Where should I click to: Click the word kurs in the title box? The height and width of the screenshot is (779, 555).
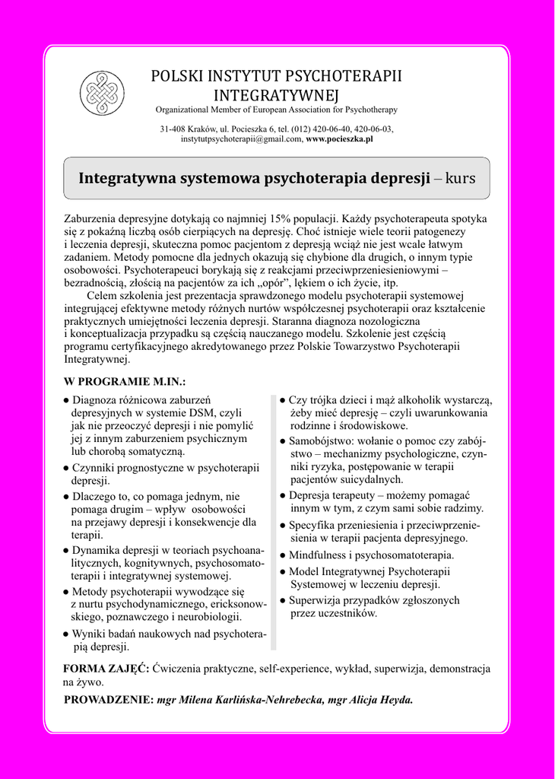tap(460, 179)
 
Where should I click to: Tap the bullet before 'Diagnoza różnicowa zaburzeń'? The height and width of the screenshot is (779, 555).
tap(67, 400)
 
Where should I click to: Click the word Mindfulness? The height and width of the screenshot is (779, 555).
tap(319, 555)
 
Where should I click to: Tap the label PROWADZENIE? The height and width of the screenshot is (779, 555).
tap(109, 700)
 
